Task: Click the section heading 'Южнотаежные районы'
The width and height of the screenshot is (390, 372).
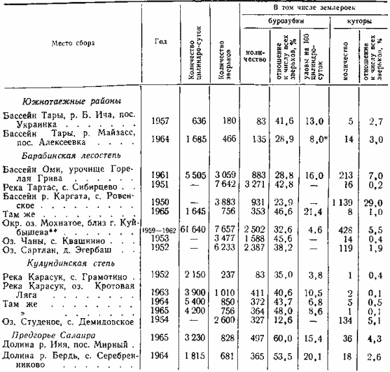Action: pos(71,102)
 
